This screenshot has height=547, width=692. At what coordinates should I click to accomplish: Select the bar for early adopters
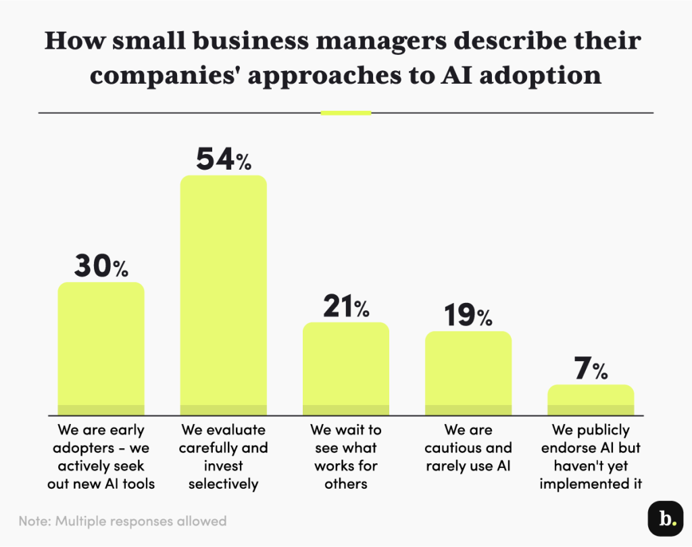tap(101, 348)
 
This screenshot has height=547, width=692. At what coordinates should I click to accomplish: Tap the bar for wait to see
tap(345, 368)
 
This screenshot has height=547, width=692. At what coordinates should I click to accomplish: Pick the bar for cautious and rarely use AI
tap(468, 373)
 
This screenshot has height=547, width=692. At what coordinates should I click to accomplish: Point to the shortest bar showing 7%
tap(590, 400)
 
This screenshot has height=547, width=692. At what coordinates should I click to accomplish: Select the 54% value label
tap(223, 160)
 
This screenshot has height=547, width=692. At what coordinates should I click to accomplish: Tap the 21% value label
tap(345, 308)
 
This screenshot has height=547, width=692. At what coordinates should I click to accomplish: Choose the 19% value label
tap(468, 316)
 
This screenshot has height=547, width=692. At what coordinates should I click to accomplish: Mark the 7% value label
tap(590, 370)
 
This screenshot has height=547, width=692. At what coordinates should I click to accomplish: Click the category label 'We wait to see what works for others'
tap(345, 456)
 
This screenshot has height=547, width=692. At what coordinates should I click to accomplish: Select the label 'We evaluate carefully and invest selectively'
tap(223, 456)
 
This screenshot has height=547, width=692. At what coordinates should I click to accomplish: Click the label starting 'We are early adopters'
tap(101, 456)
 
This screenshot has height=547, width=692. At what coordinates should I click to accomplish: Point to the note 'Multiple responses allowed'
tap(122, 521)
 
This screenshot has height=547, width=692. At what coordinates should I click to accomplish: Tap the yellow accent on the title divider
tap(345, 112)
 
